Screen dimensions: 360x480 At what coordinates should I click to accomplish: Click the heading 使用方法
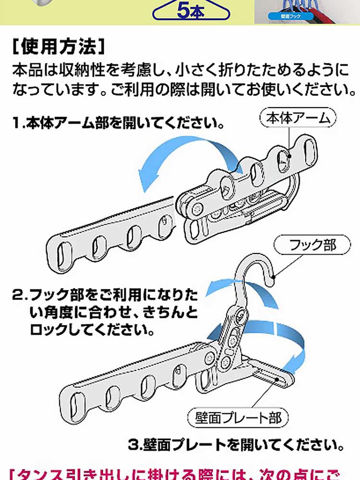pyautogui.click(x=57, y=48)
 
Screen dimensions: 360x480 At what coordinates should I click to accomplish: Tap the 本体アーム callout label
pyautogui.click(x=299, y=118)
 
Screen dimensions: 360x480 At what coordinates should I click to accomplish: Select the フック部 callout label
pyautogui.click(x=312, y=246)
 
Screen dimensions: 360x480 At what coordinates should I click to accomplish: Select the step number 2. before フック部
pyautogui.click(x=22, y=293)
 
